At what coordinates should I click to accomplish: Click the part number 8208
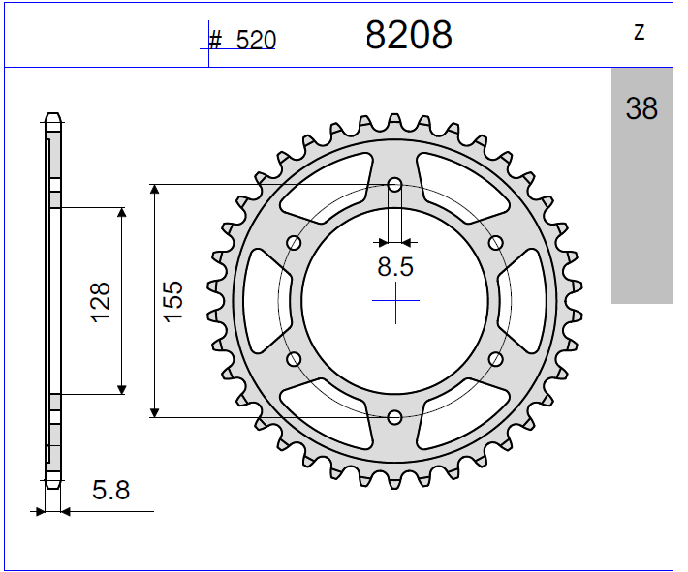tap(408, 35)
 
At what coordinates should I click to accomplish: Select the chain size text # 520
tap(242, 40)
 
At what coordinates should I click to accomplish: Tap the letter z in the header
tap(640, 33)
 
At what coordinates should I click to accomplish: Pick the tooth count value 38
tap(641, 108)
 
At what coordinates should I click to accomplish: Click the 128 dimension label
tap(100, 301)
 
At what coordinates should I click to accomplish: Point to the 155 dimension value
tap(172, 301)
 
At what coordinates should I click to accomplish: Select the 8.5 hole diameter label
tap(395, 267)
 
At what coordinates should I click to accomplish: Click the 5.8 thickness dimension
tap(111, 490)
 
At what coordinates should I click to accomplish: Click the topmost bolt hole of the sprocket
tap(394, 184)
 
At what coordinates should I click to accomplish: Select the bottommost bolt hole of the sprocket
tap(394, 417)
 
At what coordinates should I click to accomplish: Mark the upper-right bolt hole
tap(496, 242)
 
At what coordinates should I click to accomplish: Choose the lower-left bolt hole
tap(294, 359)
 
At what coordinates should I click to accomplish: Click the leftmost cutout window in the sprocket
tap(261, 300)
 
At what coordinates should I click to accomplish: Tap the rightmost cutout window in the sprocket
tap(529, 300)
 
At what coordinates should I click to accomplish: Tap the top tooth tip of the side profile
tap(52, 118)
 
